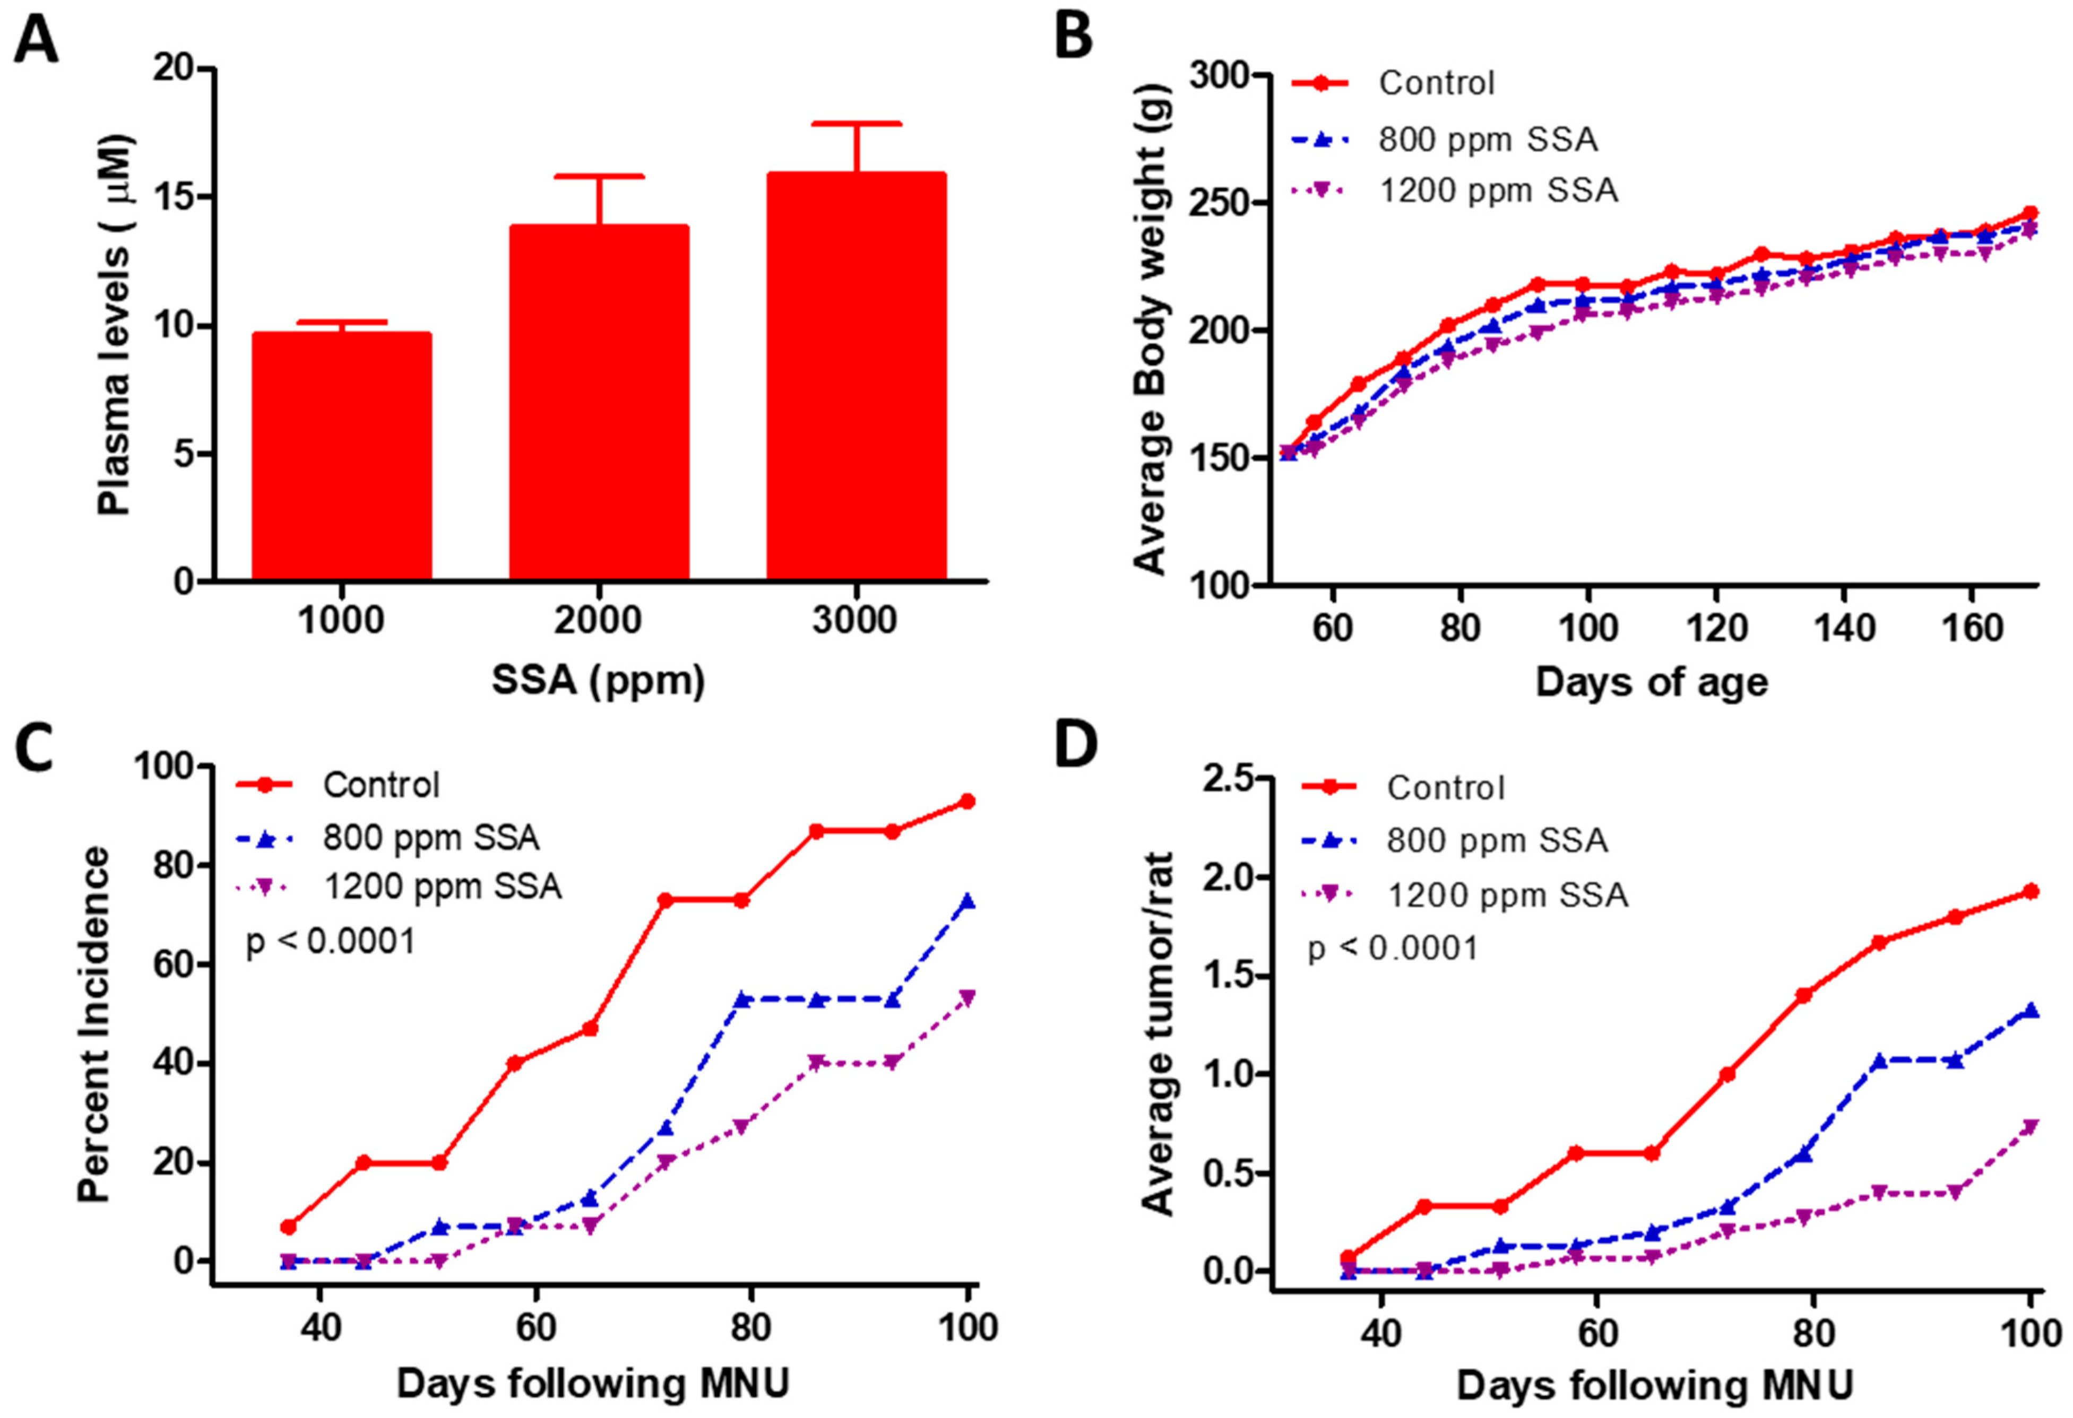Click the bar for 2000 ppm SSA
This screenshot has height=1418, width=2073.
pyautogui.click(x=599, y=402)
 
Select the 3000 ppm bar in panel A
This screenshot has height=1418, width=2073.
pyautogui.click(x=856, y=375)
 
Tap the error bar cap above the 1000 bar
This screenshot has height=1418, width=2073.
pyautogui.click(x=342, y=322)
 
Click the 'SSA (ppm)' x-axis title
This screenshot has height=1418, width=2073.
pyautogui.click(x=599, y=681)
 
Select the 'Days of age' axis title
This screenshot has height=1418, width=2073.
pyautogui.click(x=1651, y=682)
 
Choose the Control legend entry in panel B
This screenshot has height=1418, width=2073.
pyautogui.click(x=1436, y=83)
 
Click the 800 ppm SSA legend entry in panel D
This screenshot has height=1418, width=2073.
pyautogui.click(x=1497, y=840)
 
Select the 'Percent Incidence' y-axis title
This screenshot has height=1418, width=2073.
pyautogui.click(x=93, y=1025)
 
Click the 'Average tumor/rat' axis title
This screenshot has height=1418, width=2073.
pyautogui.click(x=1158, y=1034)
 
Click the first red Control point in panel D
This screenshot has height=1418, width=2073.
pyautogui.click(x=1349, y=1257)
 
